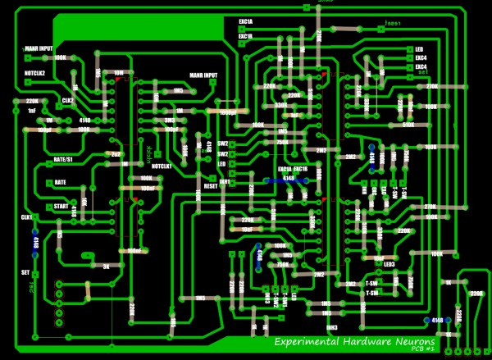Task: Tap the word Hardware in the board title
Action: point(358,341)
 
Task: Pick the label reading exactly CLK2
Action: point(68,101)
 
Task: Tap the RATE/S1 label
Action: point(63,159)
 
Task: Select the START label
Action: point(60,207)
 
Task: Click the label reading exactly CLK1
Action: point(25,216)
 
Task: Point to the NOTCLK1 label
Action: point(161,166)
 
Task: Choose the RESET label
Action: point(211,186)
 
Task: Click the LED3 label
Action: point(389,264)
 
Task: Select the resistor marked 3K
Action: point(107,266)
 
